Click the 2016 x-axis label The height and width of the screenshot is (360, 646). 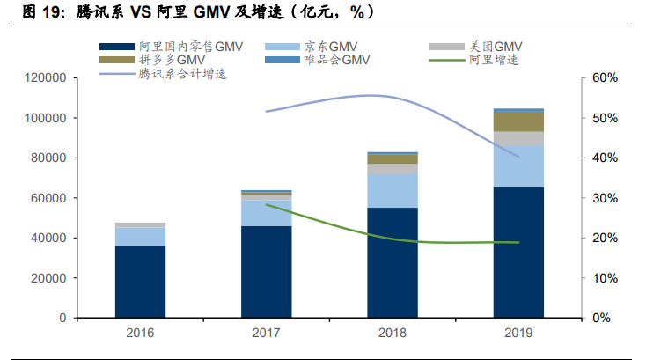point(140,334)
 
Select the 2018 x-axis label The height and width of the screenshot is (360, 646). point(392,334)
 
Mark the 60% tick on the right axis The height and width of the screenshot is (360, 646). point(605,78)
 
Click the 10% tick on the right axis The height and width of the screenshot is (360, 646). point(605,278)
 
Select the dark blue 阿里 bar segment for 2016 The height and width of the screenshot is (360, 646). point(140,282)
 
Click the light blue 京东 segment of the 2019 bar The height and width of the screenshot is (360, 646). point(518,165)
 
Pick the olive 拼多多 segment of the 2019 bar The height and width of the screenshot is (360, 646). point(518,121)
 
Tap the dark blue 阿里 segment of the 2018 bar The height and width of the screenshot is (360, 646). point(392,262)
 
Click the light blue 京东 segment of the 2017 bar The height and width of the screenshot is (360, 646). point(266,213)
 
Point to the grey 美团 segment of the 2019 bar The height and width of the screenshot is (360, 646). point(518,138)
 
